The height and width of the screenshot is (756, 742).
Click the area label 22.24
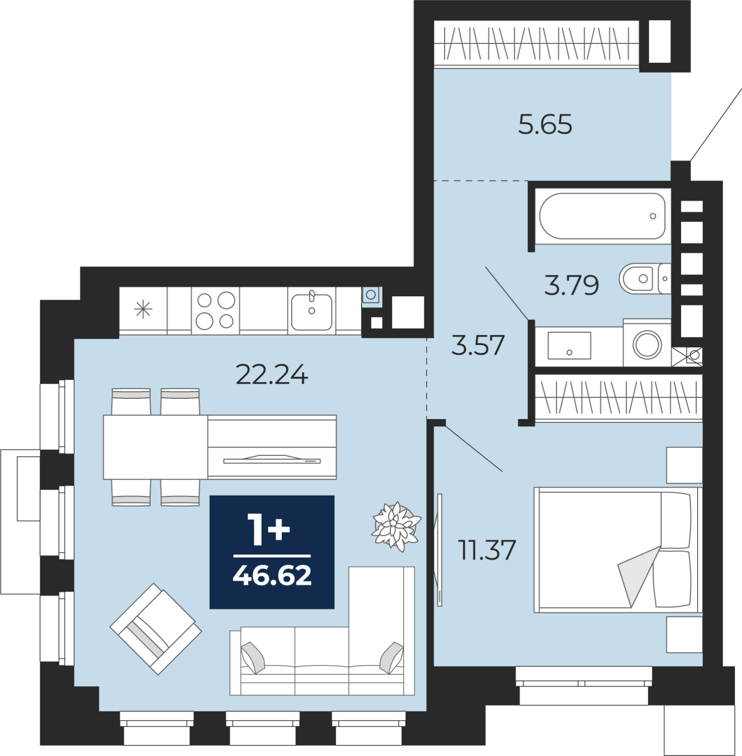point(272,374)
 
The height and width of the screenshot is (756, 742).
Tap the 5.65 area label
point(545,124)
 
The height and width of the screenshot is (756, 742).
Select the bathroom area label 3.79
point(571,285)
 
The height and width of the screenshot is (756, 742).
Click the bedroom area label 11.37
point(487,550)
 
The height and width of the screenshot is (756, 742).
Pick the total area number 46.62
point(272,575)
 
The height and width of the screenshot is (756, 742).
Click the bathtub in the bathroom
point(603,216)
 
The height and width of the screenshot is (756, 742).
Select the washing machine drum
point(647,344)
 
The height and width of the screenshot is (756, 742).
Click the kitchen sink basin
point(311,311)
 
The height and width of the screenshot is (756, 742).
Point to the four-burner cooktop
point(216,310)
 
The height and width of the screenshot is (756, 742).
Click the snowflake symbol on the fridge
point(143,309)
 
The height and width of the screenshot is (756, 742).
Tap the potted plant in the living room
point(396,526)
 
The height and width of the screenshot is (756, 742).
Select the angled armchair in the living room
point(156,628)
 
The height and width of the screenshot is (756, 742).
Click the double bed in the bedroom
point(618,550)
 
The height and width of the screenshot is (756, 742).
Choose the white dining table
point(155,447)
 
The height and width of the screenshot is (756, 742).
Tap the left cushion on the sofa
point(253,657)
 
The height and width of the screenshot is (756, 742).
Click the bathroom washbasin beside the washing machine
point(569,345)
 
